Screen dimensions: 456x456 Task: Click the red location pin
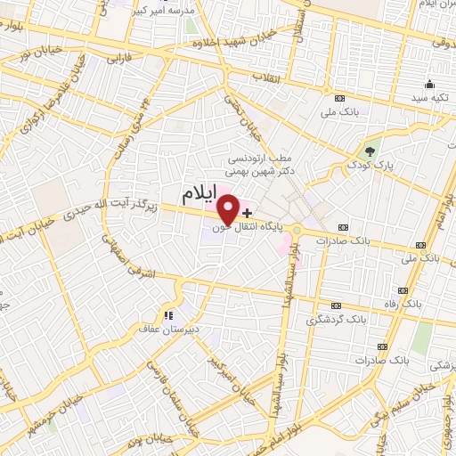pyautogui.click(x=228, y=208)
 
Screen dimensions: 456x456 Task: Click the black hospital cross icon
pyautogui.click(x=247, y=215)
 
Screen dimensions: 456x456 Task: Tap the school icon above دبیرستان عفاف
pyautogui.click(x=167, y=313)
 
